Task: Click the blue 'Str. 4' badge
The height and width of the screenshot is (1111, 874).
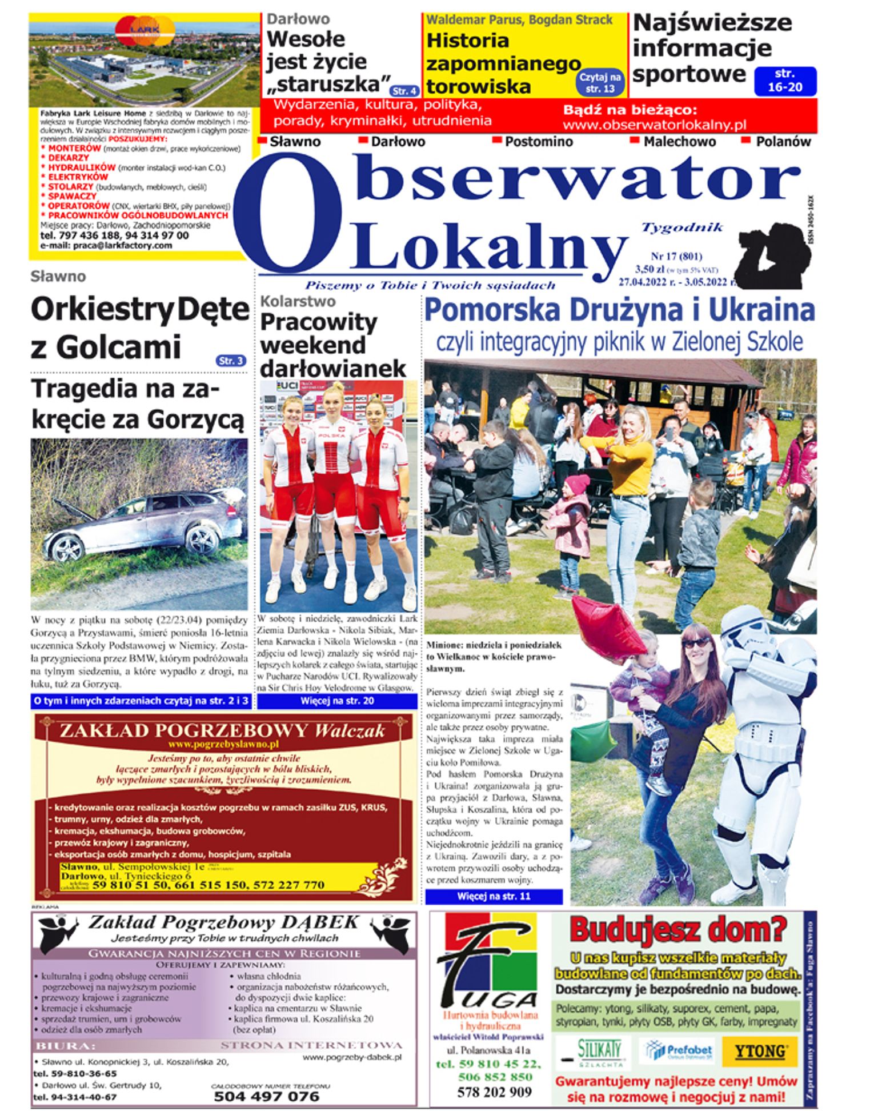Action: (404, 91)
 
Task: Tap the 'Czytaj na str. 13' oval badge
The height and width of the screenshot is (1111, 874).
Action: (600, 82)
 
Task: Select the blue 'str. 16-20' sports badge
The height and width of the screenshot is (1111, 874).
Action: (785, 81)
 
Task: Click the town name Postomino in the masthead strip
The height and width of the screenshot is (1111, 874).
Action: (538, 141)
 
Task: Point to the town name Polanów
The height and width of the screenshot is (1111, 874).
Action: (783, 141)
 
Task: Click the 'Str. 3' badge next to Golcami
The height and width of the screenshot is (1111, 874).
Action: (231, 360)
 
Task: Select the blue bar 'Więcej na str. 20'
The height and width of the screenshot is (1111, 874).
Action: (337, 701)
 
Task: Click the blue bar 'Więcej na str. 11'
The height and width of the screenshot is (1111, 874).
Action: (494, 896)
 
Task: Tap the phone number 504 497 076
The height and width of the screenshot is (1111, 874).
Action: (267, 1096)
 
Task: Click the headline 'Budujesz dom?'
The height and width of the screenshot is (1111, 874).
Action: (677, 929)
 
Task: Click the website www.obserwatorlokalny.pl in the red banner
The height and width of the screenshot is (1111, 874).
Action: (655, 125)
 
